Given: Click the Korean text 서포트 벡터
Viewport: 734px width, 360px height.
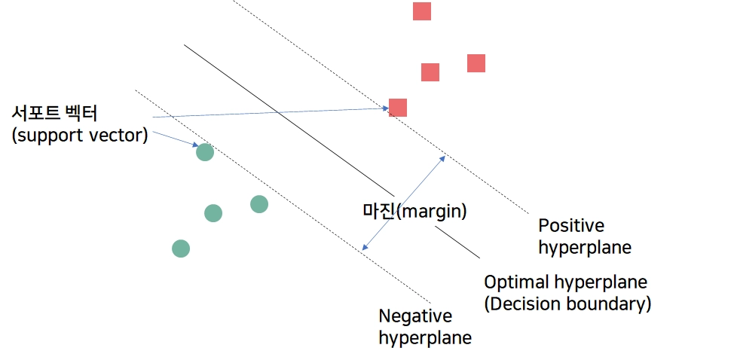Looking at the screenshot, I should [x=54, y=114].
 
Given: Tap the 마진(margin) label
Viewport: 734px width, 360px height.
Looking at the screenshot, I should [x=414, y=212].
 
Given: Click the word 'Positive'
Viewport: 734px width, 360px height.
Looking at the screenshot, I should [x=571, y=225].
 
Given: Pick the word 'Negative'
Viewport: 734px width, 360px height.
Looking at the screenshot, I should [x=415, y=316].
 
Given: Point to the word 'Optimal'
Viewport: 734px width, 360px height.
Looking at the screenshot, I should [x=516, y=283].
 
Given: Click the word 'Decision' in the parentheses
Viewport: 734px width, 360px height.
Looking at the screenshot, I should [x=524, y=305].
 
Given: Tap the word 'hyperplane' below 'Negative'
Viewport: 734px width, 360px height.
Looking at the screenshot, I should [x=424, y=338].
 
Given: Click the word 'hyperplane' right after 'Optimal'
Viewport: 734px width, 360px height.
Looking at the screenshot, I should [x=601, y=283].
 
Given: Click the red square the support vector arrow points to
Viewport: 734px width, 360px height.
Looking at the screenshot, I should [x=398, y=108].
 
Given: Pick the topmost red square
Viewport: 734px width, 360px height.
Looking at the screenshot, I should [x=422, y=11].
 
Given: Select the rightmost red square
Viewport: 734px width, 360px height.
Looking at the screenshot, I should [x=476, y=63].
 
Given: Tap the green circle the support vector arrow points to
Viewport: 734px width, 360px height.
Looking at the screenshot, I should [x=205, y=152].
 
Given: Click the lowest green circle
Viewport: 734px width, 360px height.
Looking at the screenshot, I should [x=181, y=249].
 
